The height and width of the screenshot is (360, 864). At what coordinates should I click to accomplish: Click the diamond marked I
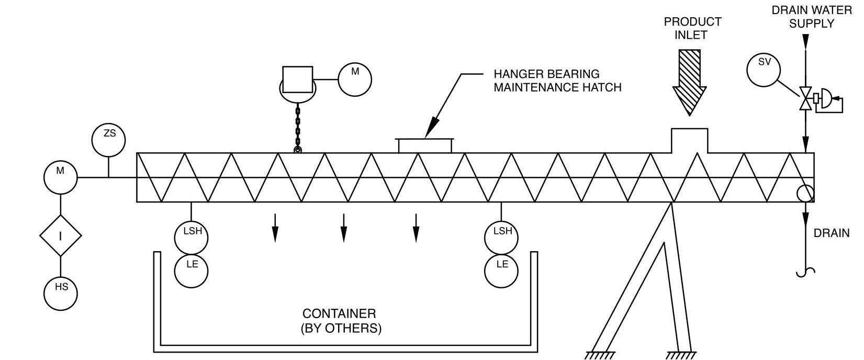(61, 236)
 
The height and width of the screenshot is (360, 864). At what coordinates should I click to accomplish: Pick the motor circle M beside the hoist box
(355, 80)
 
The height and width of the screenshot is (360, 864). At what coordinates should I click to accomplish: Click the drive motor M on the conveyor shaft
(61, 177)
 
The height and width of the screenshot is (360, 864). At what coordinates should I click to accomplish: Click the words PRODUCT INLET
(692, 29)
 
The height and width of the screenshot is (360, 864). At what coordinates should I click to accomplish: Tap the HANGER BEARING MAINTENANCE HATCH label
(557, 81)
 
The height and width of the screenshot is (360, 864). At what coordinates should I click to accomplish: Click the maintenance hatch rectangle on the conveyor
(425, 145)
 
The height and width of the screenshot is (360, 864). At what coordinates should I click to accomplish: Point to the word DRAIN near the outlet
(832, 233)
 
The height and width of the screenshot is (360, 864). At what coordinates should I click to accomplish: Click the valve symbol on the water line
(806, 99)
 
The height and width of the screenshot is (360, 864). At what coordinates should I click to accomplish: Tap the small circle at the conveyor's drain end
(805, 194)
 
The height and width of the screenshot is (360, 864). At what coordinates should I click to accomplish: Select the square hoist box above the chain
(297, 80)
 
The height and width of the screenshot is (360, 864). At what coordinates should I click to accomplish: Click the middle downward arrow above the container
(343, 228)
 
